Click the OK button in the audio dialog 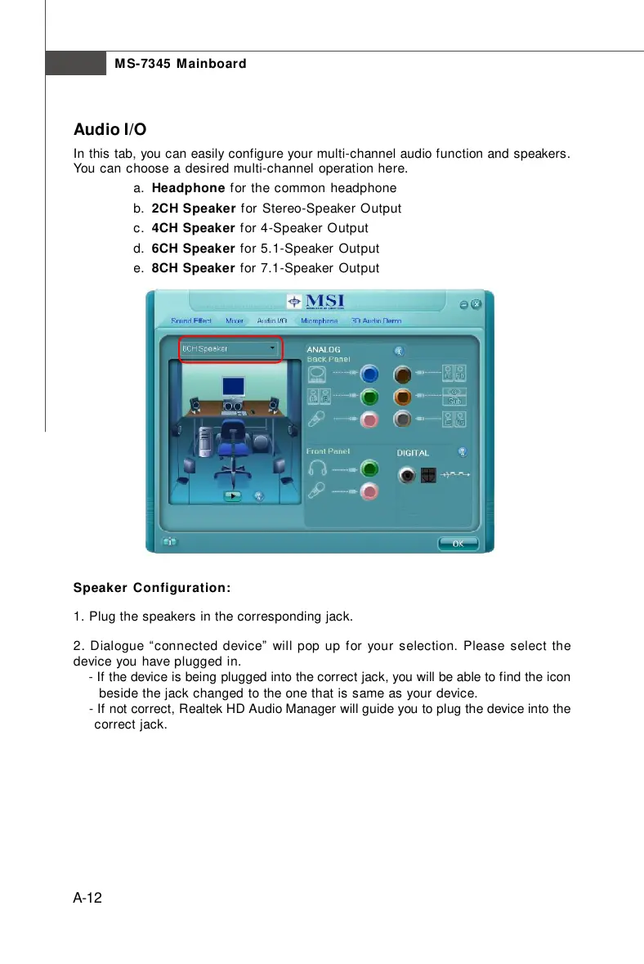458,542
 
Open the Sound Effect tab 191,321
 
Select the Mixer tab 235,321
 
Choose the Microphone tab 320,321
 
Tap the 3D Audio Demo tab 377,321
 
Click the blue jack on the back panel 370,374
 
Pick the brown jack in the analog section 401,374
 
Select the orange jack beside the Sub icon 401,397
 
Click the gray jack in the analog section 401,419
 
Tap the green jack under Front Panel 370,469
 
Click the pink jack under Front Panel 370,491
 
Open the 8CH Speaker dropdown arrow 272,348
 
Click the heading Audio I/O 110,130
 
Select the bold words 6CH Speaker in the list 193,248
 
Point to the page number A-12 87,899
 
